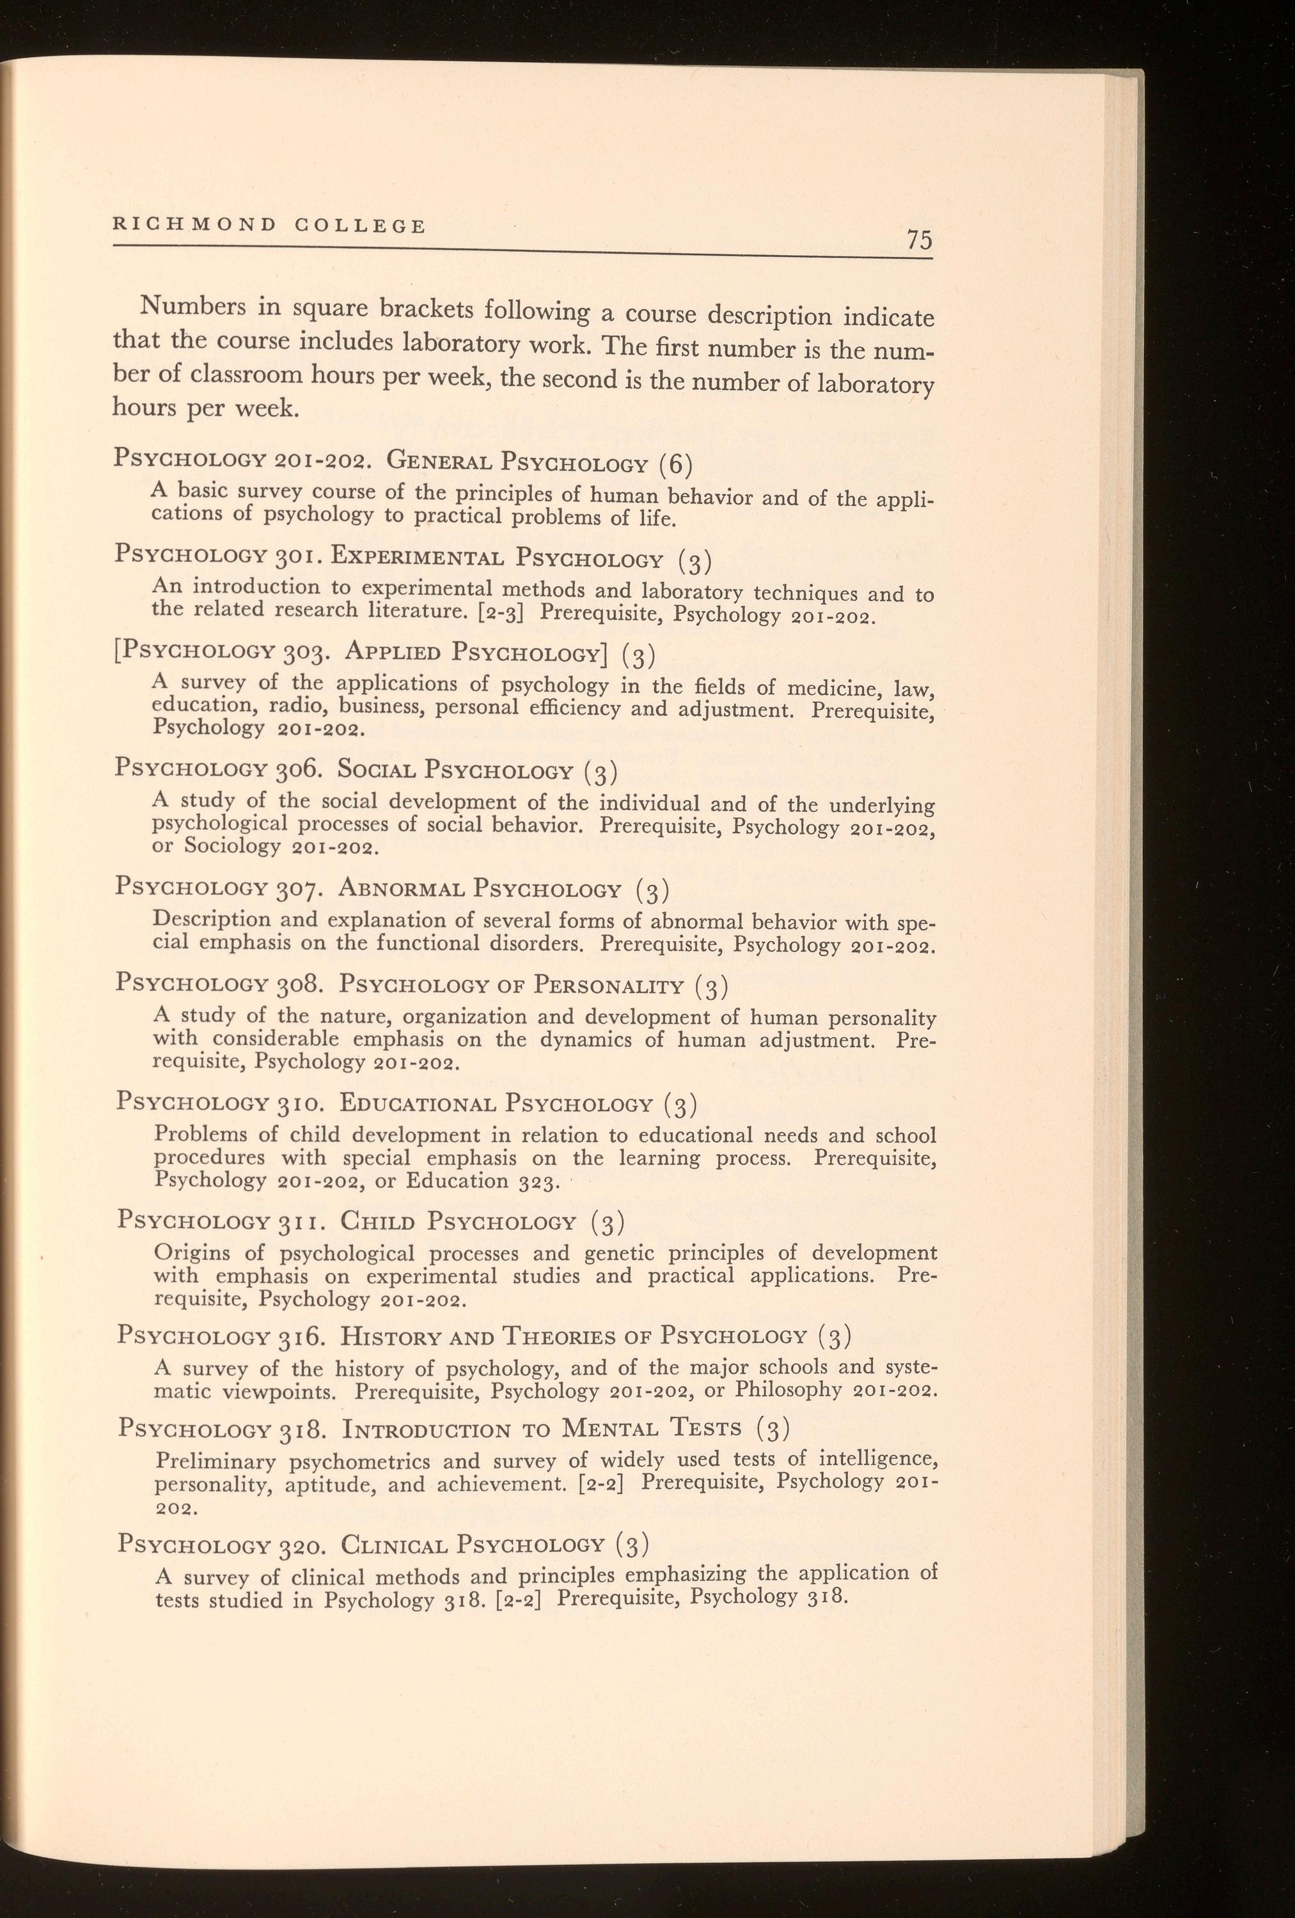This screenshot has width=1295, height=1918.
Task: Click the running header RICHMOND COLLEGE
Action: tap(269, 224)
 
